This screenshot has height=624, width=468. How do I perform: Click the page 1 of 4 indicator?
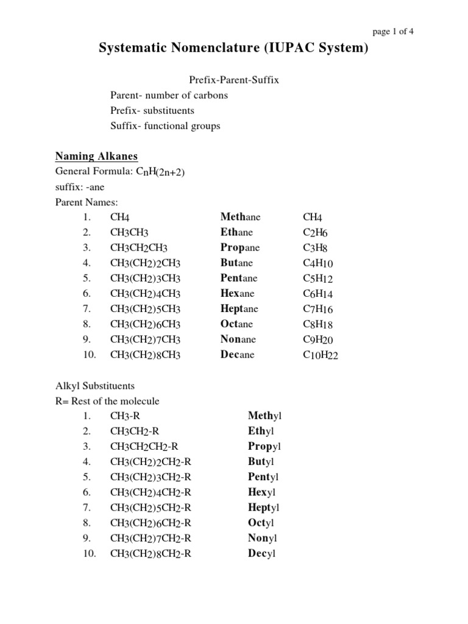(392, 32)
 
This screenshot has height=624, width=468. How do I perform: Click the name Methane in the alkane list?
(240, 217)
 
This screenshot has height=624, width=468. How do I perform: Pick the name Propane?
(240, 247)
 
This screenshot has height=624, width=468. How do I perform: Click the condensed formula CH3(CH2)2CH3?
(146, 263)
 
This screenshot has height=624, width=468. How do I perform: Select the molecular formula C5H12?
(317, 278)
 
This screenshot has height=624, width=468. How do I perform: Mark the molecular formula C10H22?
(321, 355)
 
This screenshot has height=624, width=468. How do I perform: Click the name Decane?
(237, 355)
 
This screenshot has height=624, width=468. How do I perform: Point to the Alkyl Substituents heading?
(95, 386)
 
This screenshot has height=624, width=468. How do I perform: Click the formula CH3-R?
(126, 416)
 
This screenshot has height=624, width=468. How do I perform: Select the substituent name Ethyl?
(261, 431)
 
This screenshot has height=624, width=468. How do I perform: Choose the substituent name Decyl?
(262, 554)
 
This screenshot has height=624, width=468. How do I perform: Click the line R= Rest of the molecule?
(107, 401)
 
